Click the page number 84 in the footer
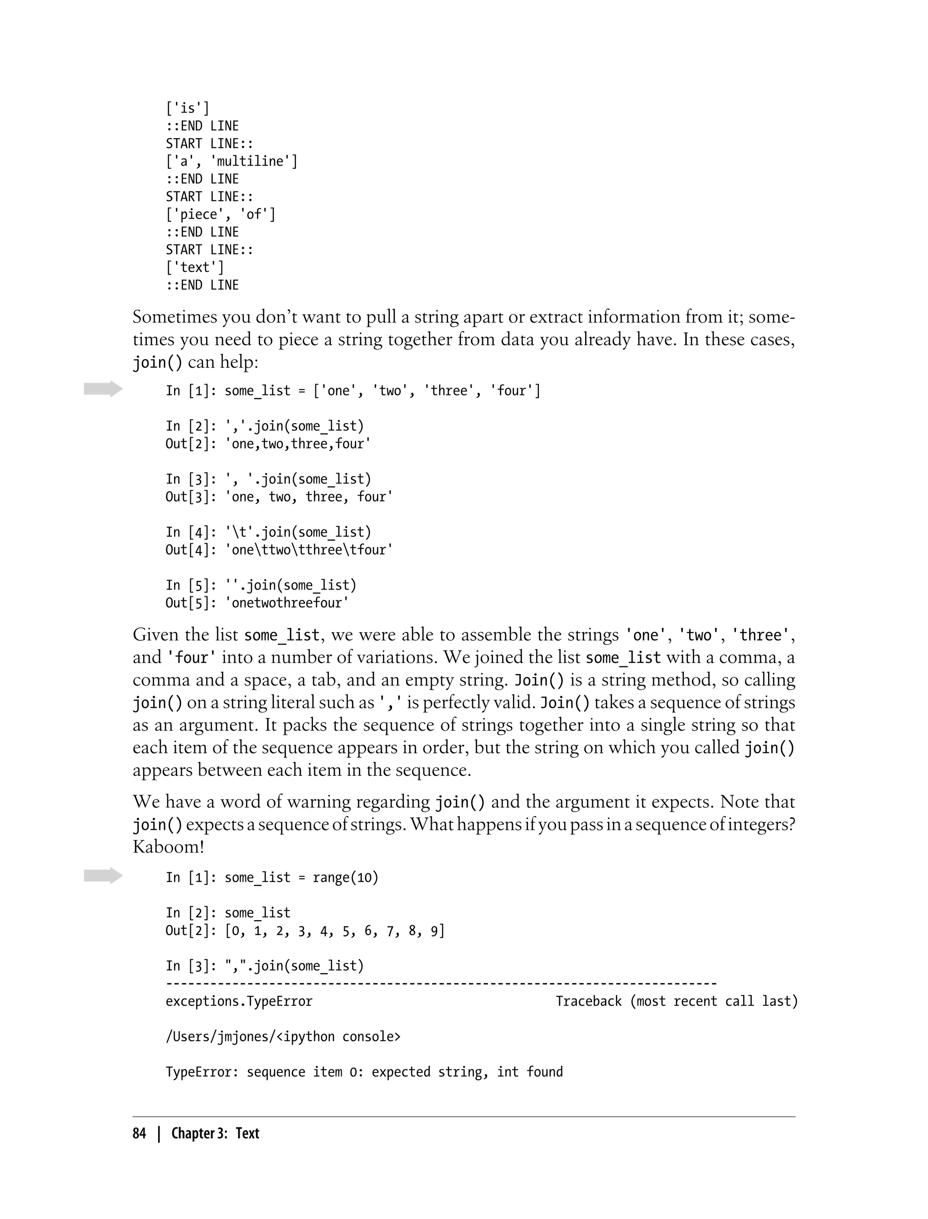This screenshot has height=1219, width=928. pos(139,1133)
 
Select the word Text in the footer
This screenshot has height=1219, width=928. pos(247,1133)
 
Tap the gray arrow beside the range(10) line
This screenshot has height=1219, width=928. pos(103,876)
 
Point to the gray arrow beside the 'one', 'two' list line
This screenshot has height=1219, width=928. pos(103,389)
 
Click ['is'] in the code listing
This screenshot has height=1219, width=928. pos(188,108)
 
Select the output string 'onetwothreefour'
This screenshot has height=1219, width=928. pos(287,603)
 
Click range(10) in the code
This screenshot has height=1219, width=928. pos(345,878)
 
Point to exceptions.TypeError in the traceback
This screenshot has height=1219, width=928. pos(239,1001)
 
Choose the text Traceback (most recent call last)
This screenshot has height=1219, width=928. pos(676,1001)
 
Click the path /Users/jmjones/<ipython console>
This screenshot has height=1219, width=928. pos(283,1037)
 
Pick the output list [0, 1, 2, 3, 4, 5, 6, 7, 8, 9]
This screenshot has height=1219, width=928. pos(335,931)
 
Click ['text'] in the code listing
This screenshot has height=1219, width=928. pos(195,268)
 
